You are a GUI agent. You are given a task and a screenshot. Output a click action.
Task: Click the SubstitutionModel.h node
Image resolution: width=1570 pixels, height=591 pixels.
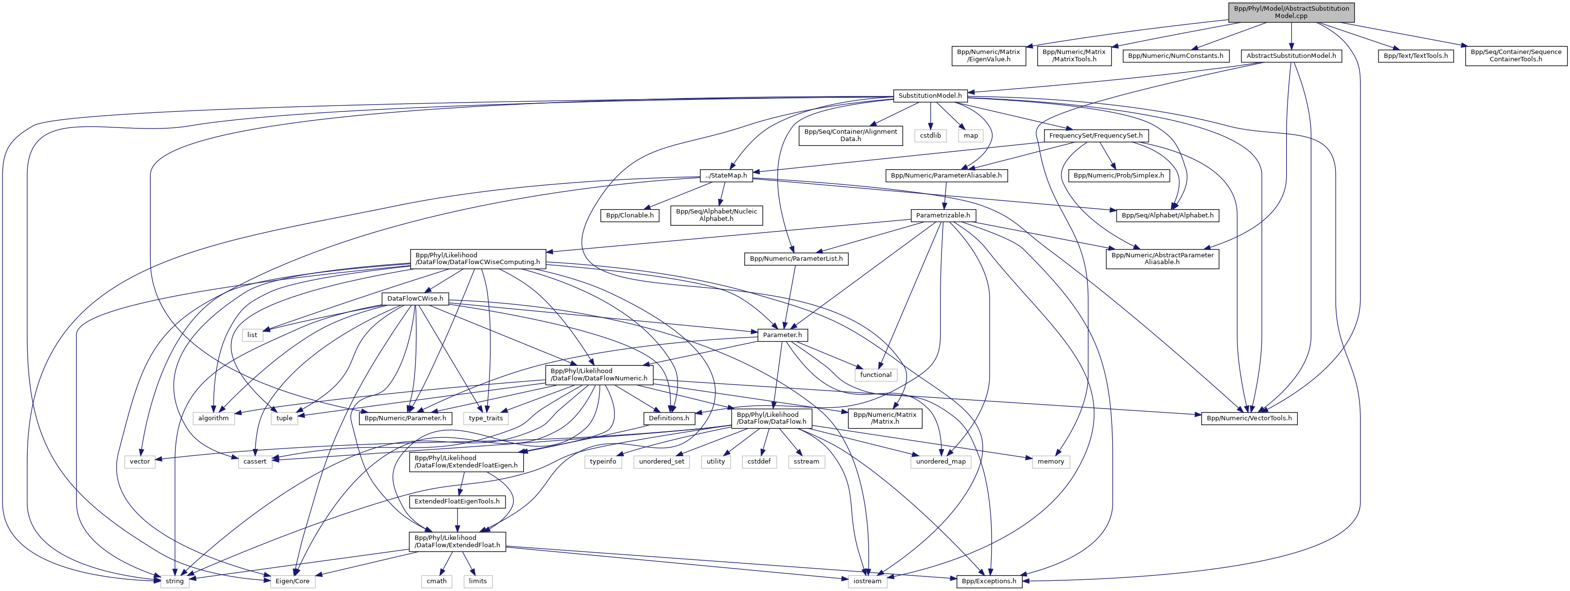coord(930,96)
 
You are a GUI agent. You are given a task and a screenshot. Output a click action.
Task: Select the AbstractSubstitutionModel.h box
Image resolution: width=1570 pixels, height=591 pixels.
coord(1291,55)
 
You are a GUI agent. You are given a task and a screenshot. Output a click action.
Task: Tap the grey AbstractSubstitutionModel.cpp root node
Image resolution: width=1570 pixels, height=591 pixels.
coord(1291,12)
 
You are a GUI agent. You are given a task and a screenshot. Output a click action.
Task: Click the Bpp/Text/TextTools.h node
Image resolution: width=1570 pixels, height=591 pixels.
coord(1415,55)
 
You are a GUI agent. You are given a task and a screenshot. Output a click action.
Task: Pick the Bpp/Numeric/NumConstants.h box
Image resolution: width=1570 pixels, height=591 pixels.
coord(1175,55)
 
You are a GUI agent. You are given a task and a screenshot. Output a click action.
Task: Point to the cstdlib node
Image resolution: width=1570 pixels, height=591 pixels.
coord(930,135)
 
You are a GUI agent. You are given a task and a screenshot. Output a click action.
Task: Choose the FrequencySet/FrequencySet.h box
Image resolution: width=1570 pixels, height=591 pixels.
coord(1095,135)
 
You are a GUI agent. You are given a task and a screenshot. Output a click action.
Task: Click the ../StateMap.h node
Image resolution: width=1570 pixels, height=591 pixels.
coord(725,176)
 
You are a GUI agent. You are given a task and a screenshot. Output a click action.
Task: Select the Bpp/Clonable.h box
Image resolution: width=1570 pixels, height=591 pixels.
coord(629,215)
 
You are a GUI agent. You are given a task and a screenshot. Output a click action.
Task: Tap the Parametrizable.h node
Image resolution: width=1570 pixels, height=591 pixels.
coord(943,215)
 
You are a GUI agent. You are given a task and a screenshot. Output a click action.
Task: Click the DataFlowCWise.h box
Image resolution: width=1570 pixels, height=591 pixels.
coord(415,299)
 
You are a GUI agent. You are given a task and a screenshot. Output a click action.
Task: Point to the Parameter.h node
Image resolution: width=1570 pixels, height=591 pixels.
coord(782,335)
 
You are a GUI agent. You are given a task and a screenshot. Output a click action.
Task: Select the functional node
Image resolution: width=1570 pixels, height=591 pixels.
coord(876,375)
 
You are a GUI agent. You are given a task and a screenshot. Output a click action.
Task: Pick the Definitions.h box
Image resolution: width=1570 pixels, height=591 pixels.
coord(669,418)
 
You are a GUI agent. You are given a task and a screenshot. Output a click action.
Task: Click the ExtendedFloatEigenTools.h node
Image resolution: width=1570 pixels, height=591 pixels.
coord(457,501)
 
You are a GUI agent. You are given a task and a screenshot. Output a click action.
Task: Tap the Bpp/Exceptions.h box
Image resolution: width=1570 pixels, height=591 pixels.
coord(989,581)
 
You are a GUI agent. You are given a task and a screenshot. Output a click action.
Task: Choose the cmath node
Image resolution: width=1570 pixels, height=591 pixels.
coord(436,581)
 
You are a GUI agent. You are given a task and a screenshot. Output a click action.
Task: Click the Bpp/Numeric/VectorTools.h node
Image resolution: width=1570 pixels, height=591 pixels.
coord(1249,418)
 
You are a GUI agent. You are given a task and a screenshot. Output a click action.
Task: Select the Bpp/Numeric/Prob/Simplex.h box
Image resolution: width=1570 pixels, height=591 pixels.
coord(1118,176)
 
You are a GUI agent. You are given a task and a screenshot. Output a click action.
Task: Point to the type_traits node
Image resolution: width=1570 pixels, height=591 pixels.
coord(486,418)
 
